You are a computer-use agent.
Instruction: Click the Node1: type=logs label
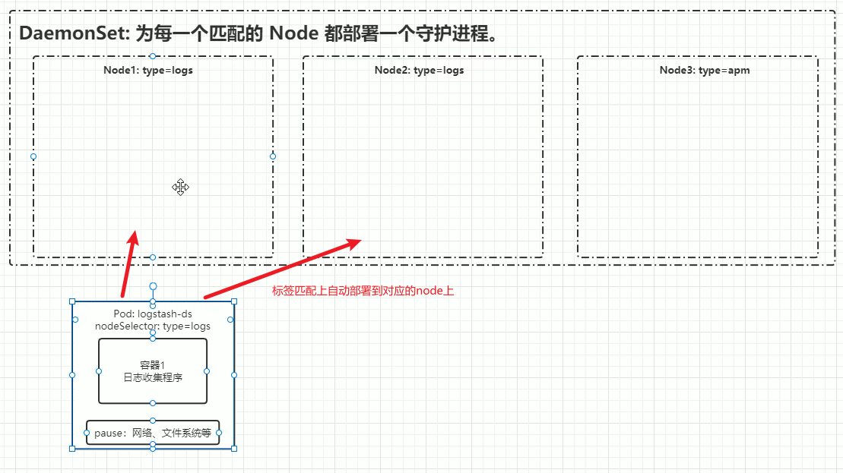pos(148,70)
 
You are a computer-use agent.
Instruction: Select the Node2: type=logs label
pos(419,70)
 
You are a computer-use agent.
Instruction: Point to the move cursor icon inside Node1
pos(180,188)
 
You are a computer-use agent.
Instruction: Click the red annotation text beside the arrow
pos(363,291)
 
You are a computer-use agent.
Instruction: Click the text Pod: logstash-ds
pos(153,314)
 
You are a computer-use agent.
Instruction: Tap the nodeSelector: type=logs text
pos(153,326)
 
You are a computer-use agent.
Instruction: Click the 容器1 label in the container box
pos(153,365)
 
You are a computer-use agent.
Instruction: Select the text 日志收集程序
pos(153,377)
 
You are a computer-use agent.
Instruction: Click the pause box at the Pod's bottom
pos(153,433)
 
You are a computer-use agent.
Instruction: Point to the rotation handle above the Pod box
pos(153,286)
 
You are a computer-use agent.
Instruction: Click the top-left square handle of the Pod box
pos(72,301)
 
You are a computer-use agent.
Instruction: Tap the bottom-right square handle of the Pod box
pos(234,449)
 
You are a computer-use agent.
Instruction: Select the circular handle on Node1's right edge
pos(273,156)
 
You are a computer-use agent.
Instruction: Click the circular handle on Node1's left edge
pos(33,156)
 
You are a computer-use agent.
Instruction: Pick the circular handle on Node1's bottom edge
pos(153,257)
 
